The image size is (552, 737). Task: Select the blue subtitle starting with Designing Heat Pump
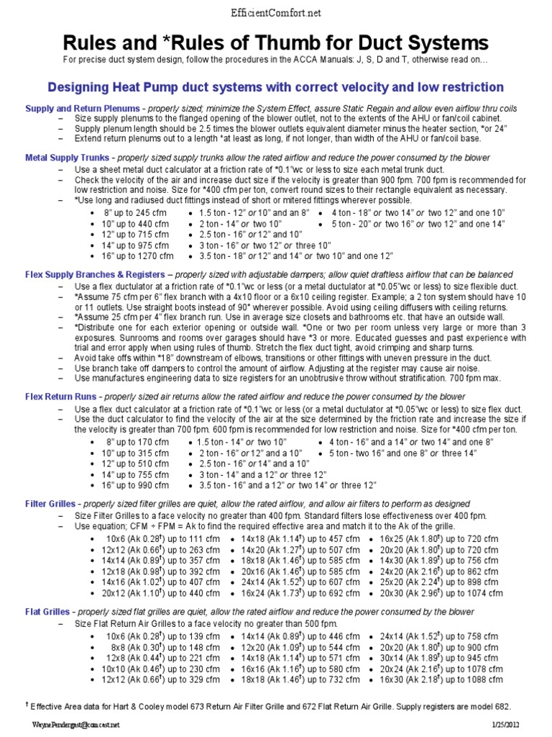275,87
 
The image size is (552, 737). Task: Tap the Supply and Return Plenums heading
83,108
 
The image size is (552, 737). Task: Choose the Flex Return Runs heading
63,397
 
